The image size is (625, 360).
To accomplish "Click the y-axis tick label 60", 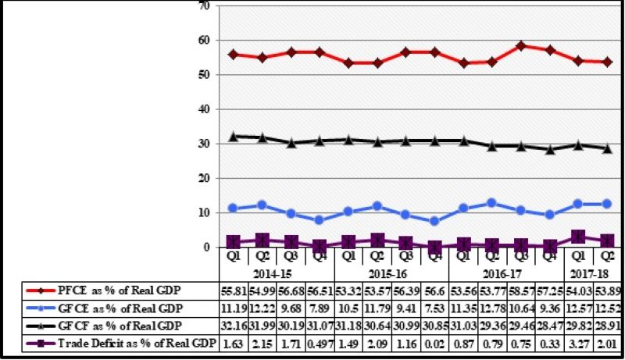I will tap(205, 40).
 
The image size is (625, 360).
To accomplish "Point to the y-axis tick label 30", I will tap(205, 144).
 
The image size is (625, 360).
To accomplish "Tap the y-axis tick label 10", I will tap(205, 212).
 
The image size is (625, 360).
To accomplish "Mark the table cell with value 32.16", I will tap(232, 325).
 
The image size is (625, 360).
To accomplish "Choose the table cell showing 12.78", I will tap(493, 306).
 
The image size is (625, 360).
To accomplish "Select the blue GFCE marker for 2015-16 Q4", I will tap(434, 221).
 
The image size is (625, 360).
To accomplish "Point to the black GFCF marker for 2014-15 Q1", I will tap(232, 137).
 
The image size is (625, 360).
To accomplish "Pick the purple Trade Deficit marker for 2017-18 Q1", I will tap(580, 237).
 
